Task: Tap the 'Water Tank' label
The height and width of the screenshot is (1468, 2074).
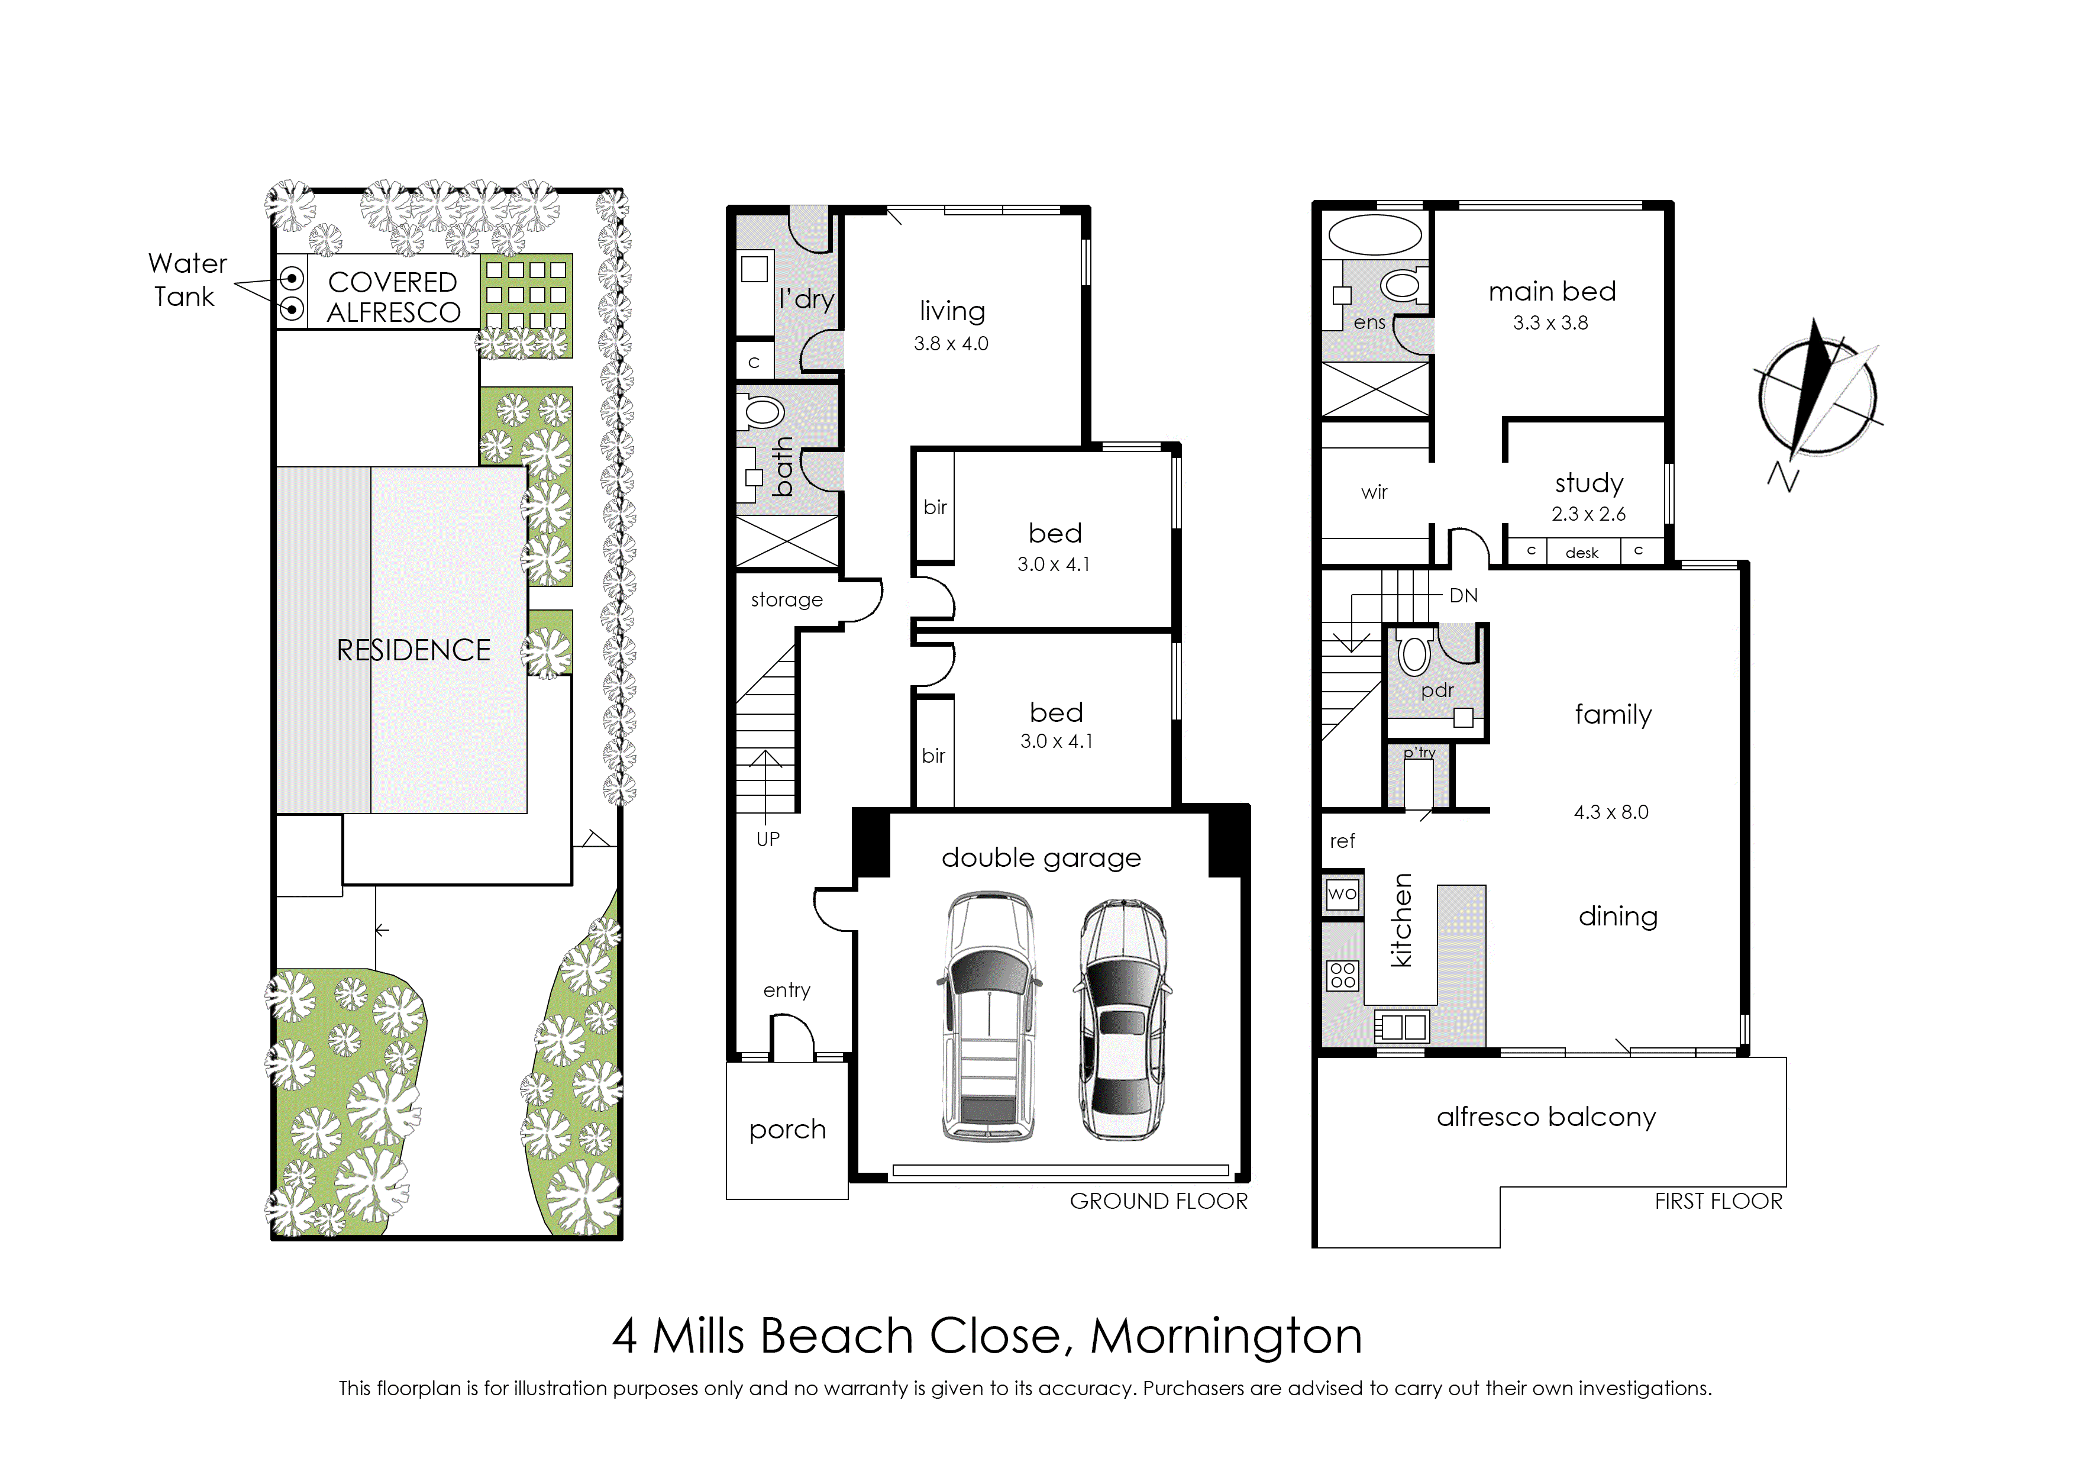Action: pyautogui.click(x=187, y=280)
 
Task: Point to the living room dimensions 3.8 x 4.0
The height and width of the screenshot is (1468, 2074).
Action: pyautogui.click(x=951, y=344)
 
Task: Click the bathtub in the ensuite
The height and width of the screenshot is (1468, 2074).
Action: pyautogui.click(x=1375, y=235)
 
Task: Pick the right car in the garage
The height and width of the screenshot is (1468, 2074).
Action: pyautogui.click(x=1122, y=1019)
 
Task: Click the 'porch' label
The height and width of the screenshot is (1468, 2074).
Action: pyautogui.click(x=787, y=1131)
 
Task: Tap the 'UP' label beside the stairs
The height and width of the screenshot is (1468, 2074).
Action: pyautogui.click(x=767, y=839)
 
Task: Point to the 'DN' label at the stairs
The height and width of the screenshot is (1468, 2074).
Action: pyautogui.click(x=1463, y=596)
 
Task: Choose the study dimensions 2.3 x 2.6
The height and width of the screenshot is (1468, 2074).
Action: pyautogui.click(x=1589, y=514)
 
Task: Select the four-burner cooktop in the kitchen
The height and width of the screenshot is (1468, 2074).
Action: pyautogui.click(x=1343, y=975)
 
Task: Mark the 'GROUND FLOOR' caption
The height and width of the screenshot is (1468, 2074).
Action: pyautogui.click(x=1158, y=1201)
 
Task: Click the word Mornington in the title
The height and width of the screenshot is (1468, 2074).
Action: pyautogui.click(x=1226, y=1336)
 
